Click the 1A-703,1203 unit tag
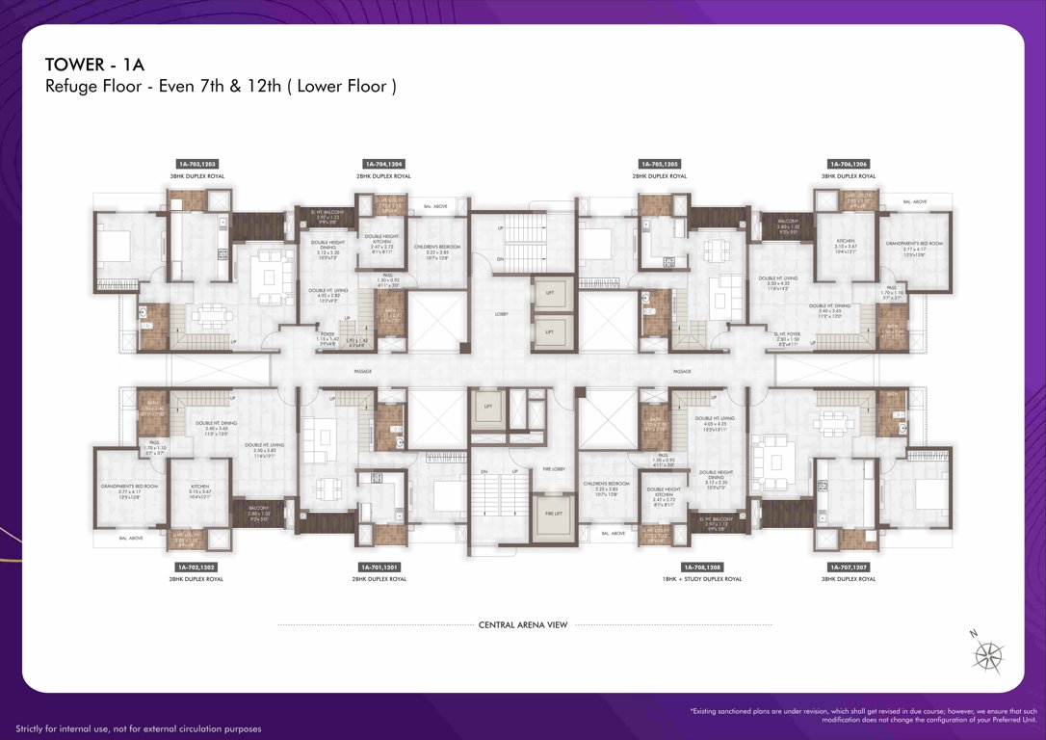click(x=196, y=165)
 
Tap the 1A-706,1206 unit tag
click(x=848, y=165)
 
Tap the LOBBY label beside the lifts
click(x=502, y=314)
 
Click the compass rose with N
click(x=987, y=655)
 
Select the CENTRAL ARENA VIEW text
click(x=523, y=625)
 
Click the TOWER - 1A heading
click(x=94, y=65)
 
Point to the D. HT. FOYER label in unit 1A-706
click(x=789, y=337)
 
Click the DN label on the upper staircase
click(x=499, y=259)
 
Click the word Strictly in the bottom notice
click(x=32, y=729)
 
